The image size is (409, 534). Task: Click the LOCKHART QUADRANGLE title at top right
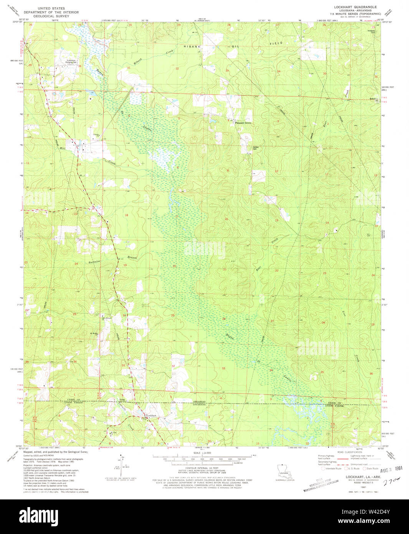coord(355,7)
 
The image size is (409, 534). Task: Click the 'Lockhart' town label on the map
coord(151,416)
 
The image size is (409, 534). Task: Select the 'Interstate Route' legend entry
coord(332,469)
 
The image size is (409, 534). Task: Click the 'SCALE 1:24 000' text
coord(205,453)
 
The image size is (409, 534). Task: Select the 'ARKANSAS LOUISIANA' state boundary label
coord(199,403)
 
